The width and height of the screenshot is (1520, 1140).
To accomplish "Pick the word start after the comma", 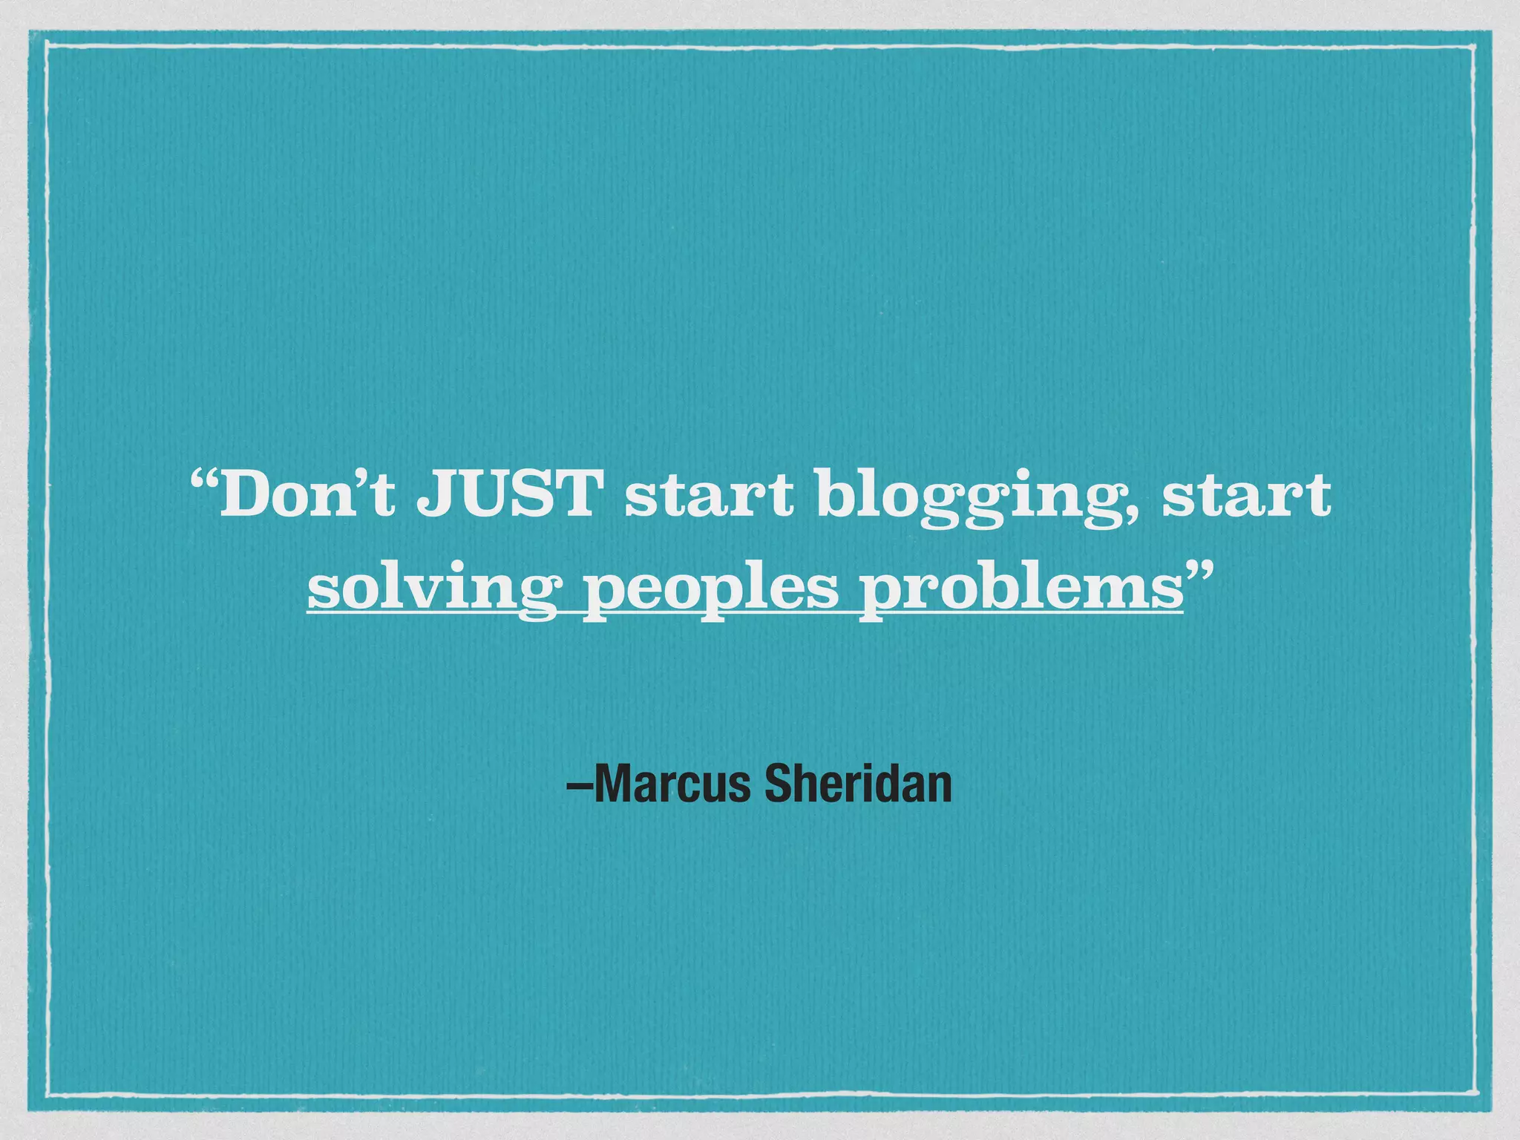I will (1247, 495).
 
